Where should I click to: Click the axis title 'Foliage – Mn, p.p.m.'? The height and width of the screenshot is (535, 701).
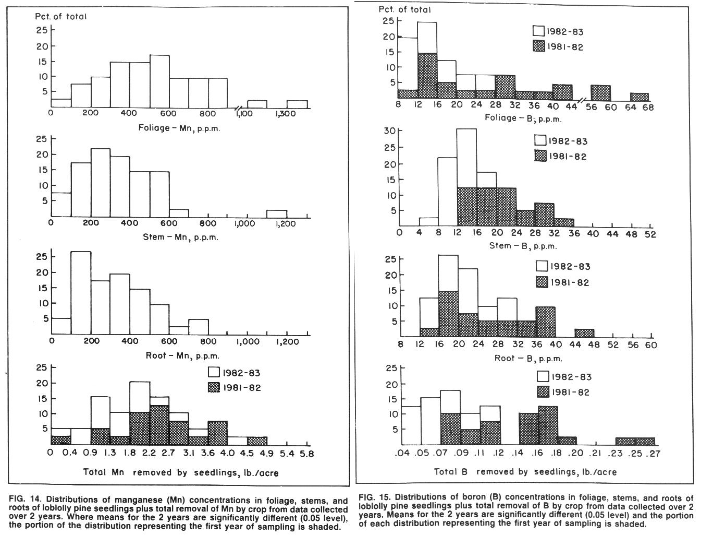tap(179, 128)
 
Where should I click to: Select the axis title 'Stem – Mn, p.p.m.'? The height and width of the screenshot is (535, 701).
tap(181, 237)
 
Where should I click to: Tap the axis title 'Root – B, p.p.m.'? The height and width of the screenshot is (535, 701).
tap(528, 358)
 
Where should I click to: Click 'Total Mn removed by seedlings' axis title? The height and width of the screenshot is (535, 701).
tap(181, 473)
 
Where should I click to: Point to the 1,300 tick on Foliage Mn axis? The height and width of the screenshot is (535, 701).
tap(285, 114)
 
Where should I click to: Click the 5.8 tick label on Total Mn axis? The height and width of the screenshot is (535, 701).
tap(306, 454)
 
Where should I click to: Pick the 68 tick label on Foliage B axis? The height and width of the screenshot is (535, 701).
tap(648, 107)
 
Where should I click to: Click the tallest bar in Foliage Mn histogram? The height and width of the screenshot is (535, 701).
tap(159, 81)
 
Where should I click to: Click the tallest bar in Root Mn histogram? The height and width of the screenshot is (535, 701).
tap(81, 293)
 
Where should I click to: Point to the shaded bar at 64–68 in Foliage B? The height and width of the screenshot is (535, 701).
tap(639, 97)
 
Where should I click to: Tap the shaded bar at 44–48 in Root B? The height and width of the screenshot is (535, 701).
tap(584, 333)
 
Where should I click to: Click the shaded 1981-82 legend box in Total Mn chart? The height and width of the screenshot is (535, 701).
tap(214, 388)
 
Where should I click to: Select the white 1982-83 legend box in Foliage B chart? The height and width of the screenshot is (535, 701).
tap(538, 31)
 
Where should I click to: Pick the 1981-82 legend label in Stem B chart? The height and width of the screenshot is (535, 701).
tap(568, 157)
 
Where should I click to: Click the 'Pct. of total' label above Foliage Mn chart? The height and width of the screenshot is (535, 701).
tap(60, 16)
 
